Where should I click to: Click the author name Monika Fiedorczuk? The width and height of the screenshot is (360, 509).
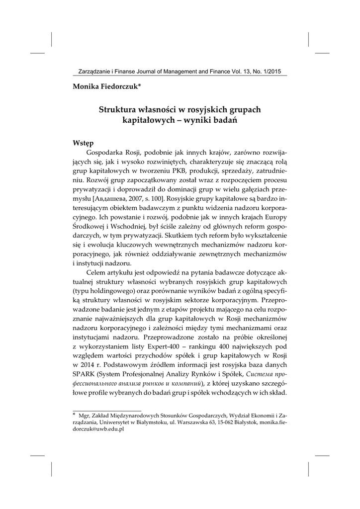105,86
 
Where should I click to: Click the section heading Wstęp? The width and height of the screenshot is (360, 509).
83,143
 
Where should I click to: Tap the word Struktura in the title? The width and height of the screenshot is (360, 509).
119,109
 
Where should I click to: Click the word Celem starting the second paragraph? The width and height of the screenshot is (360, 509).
96,274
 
